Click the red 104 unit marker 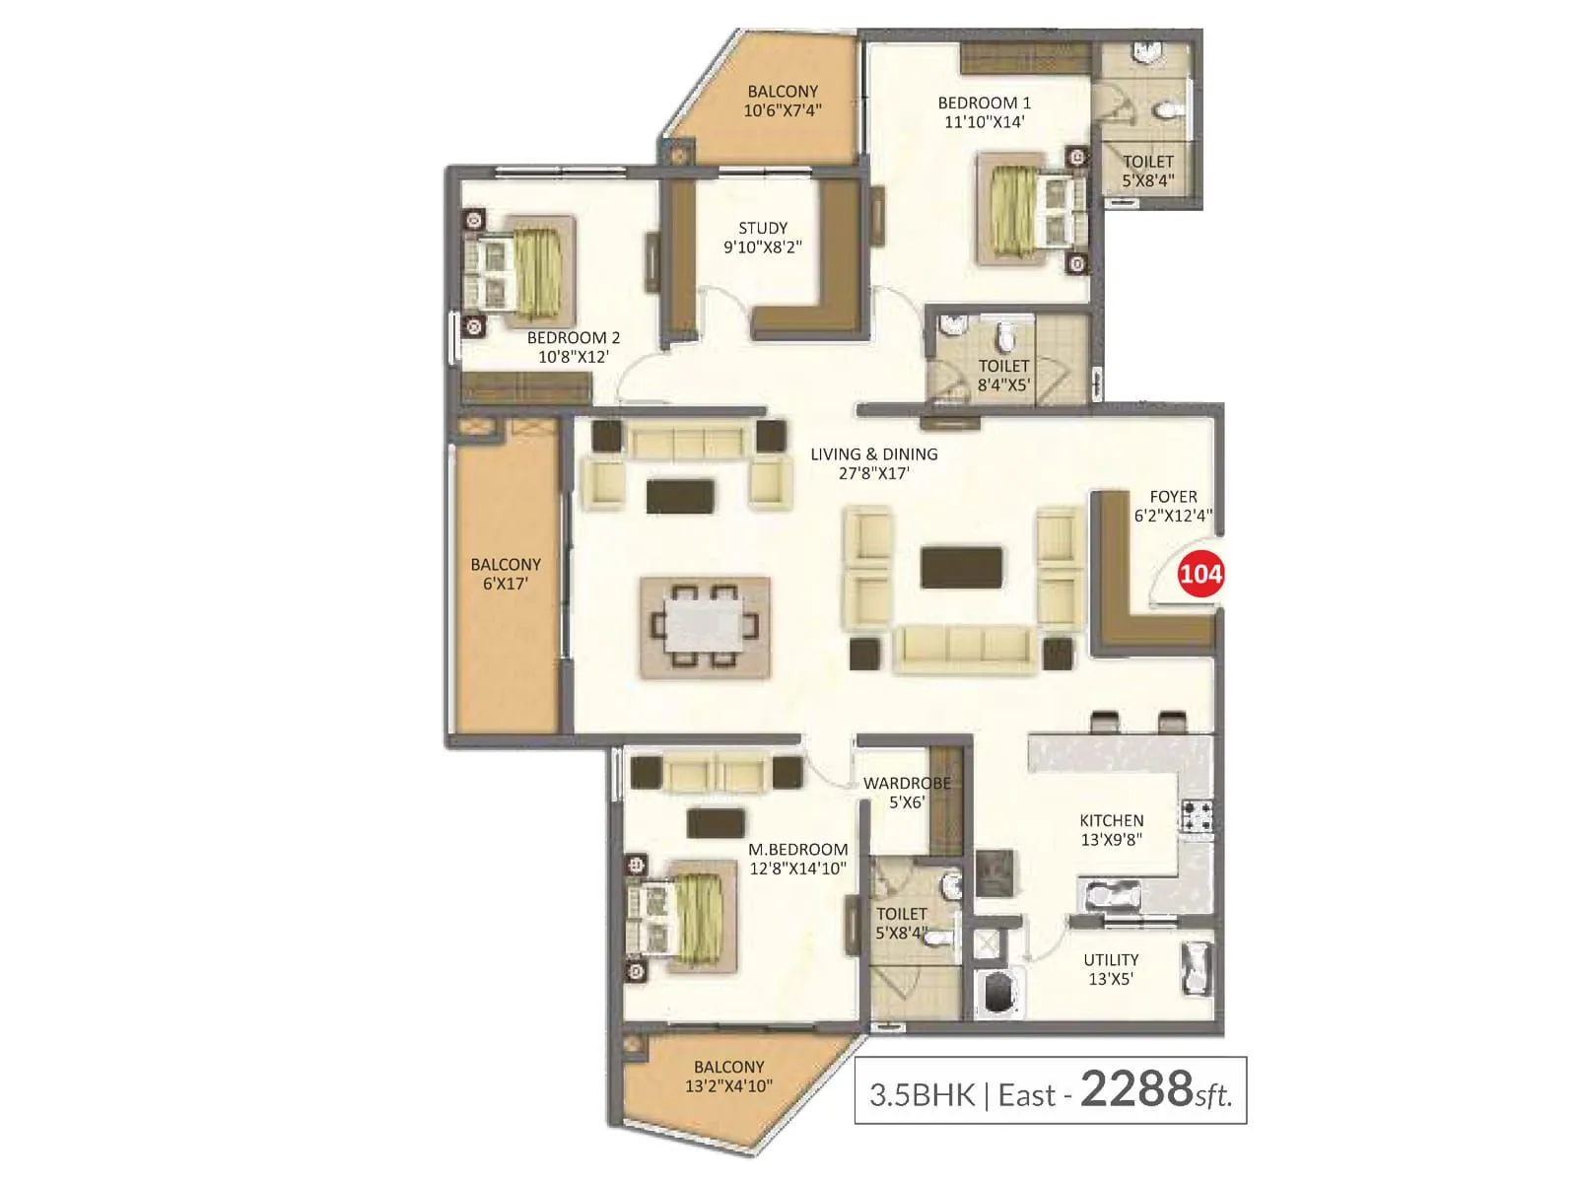(1200, 573)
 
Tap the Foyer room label (1173, 506)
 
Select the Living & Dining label (873, 463)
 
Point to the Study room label (763, 237)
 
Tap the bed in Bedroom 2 (519, 271)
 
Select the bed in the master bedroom (683, 917)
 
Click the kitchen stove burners (1197, 815)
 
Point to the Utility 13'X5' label (1111, 968)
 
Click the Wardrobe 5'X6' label (907, 793)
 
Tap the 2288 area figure (1136, 1089)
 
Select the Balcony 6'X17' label (506, 574)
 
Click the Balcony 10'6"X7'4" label (783, 101)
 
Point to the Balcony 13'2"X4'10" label (728, 1076)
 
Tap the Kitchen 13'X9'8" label (1111, 830)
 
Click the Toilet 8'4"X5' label (1003, 376)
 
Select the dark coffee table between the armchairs (962, 568)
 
